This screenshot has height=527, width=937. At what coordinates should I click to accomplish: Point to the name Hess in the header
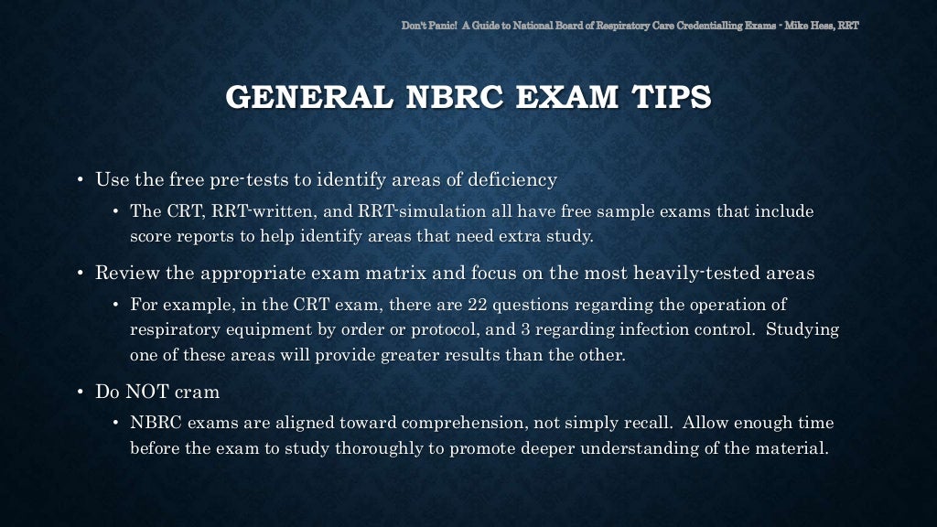click(x=820, y=25)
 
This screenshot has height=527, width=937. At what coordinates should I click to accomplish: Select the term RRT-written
click(x=264, y=211)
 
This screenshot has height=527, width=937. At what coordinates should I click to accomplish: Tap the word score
click(x=151, y=236)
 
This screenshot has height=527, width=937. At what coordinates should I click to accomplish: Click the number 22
click(x=478, y=305)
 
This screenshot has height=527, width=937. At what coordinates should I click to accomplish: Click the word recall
click(x=645, y=424)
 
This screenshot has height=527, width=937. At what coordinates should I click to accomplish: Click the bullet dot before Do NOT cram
click(x=81, y=392)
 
